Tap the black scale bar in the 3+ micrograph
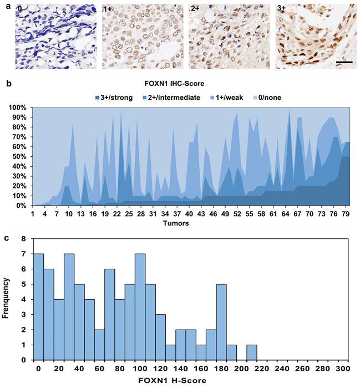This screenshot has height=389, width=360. pyautogui.click(x=344, y=63)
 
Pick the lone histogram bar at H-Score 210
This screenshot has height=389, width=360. pyautogui.click(x=252, y=352)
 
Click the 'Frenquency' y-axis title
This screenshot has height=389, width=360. pyautogui.click(x=7, y=300)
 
